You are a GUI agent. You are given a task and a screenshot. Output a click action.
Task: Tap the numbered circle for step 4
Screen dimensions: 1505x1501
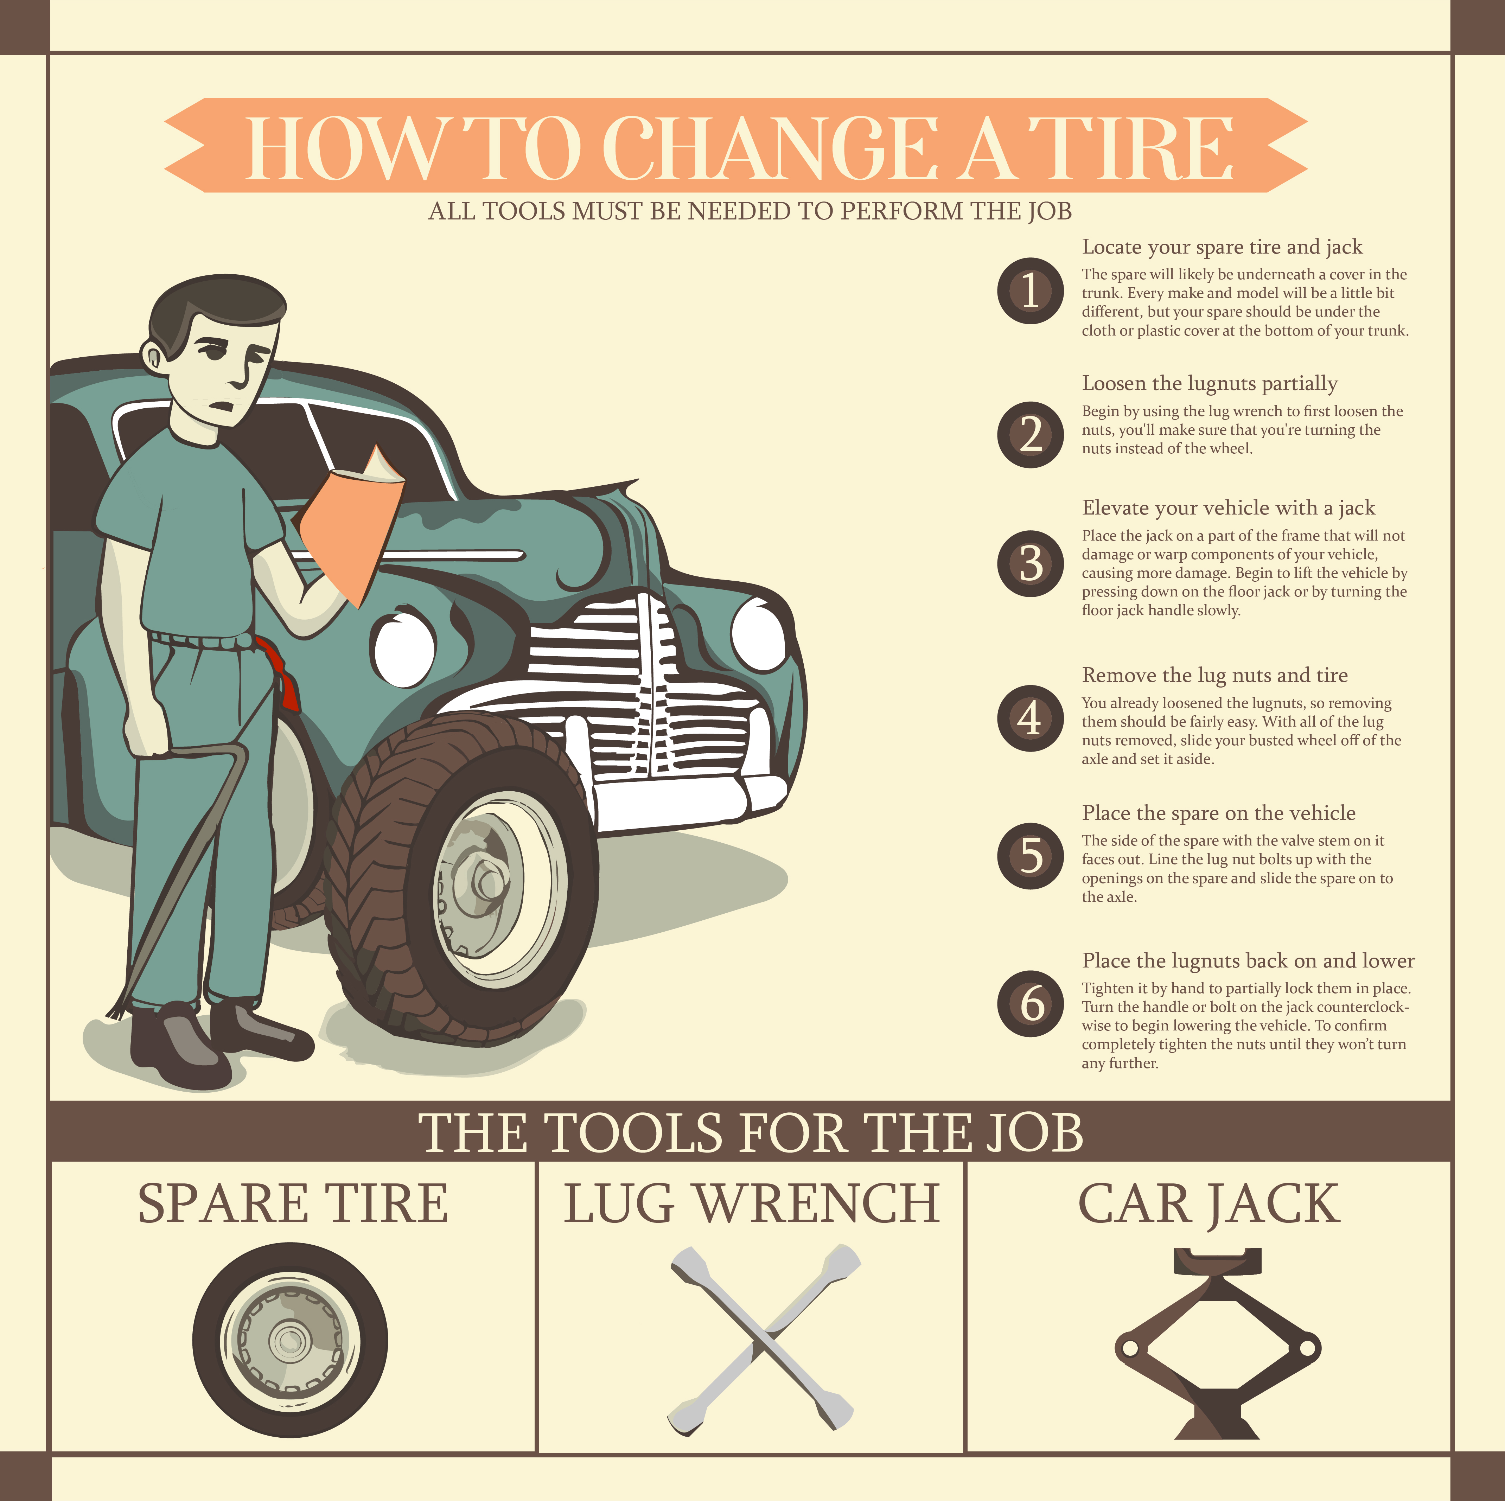pyautogui.click(x=1030, y=718)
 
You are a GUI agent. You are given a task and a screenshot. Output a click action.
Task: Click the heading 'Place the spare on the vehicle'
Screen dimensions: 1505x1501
pyautogui.click(x=1218, y=813)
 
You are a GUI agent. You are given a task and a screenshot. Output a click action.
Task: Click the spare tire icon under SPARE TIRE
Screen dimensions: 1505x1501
pyautogui.click(x=290, y=1340)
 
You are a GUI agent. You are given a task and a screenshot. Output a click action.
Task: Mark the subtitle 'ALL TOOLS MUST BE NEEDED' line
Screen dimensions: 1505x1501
pyautogui.click(x=750, y=211)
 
